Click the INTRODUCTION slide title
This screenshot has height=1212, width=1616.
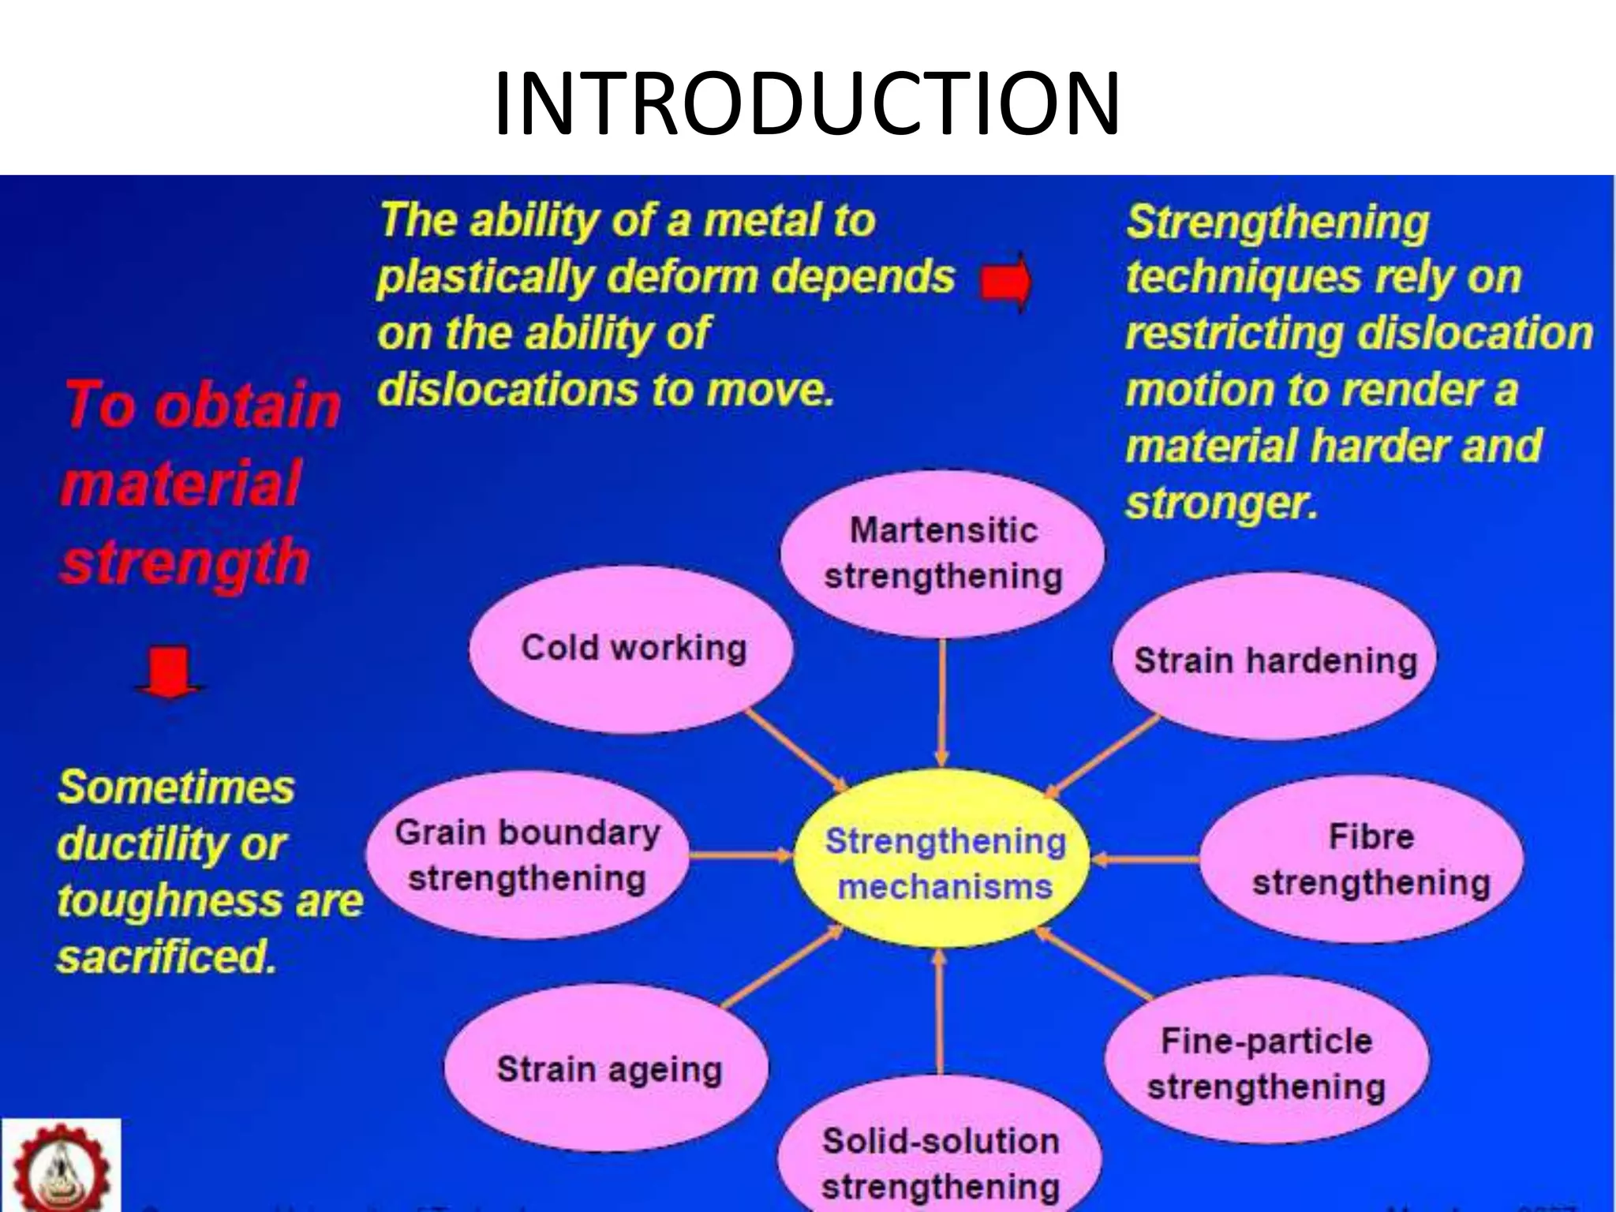click(806, 103)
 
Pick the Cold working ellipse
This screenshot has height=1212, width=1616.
click(631, 649)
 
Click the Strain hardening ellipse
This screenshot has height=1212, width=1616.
click(1274, 660)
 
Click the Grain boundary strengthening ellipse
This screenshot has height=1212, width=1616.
click(527, 855)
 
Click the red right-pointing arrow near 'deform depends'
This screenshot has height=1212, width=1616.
click(1006, 282)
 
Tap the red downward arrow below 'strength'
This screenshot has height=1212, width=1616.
click(170, 671)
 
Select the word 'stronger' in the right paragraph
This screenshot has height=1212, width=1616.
click(1219, 503)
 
